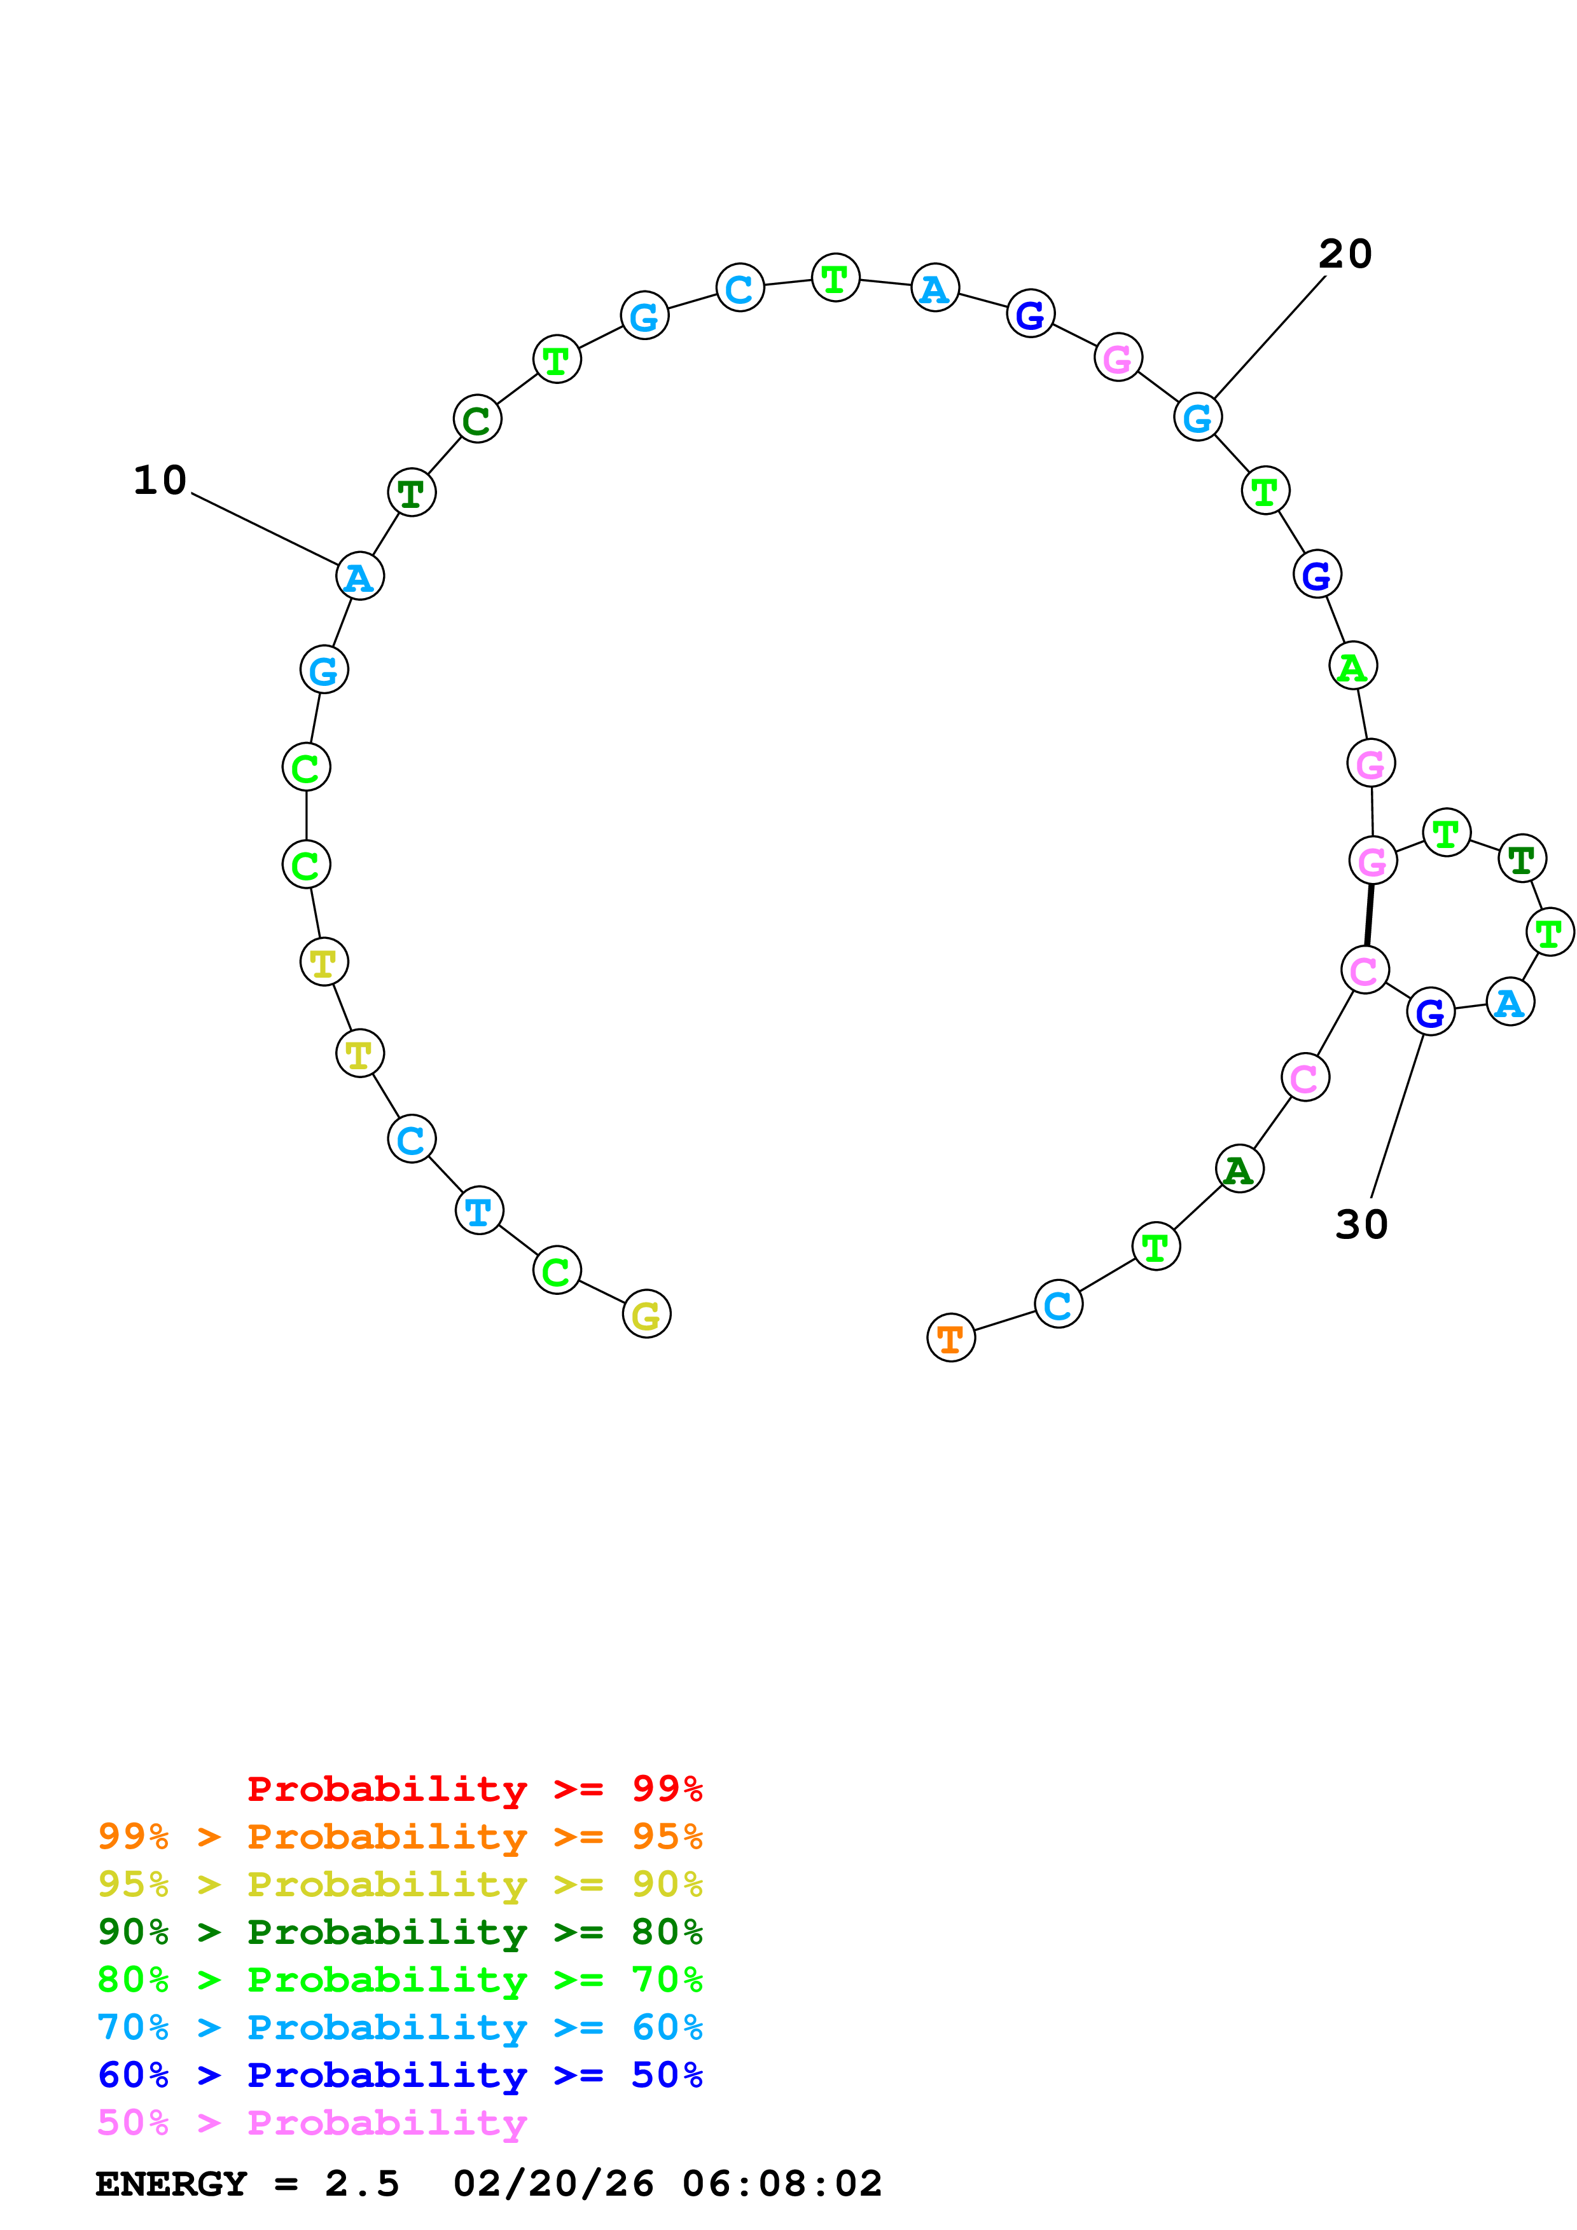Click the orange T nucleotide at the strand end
[950, 1338]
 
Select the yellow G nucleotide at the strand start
[646, 1314]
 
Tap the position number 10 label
[159, 480]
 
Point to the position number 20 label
[1345, 254]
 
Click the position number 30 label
[1361, 1225]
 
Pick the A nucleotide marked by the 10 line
[359, 577]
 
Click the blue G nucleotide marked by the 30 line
[1430, 1012]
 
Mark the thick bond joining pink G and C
[1369, 914]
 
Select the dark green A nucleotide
[1239, 1170]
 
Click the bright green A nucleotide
[1352, 666]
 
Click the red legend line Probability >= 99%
[474, 1789]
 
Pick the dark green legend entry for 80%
[399, 1932]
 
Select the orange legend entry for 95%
[399, 1837]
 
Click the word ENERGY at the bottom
[171, 2184]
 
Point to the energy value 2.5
[361, 2184]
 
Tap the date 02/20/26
[554, 2184]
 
